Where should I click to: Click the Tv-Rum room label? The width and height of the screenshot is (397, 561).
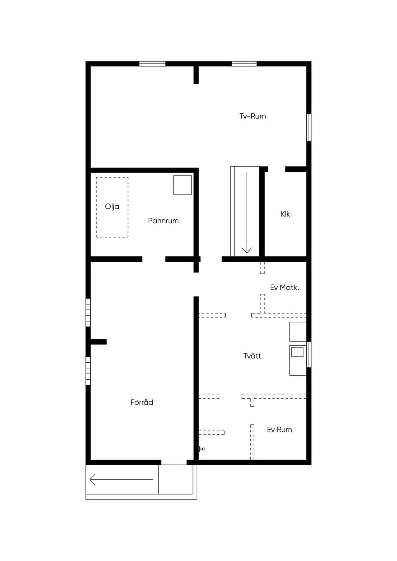coord(252,116)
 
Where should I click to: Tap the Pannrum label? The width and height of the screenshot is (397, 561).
coord(163,221)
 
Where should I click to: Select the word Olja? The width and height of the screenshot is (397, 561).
coord(112,207)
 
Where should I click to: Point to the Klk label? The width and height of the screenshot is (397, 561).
coord(285,214)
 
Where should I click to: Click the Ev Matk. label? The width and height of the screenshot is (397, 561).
coord(285,287)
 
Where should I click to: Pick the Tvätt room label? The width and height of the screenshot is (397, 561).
coord(252,356)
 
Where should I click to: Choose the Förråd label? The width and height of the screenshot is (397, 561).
coord(142,402)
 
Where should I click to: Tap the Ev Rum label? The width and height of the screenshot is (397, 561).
coord(280,430)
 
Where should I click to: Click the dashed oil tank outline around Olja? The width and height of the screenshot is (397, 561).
coord(97,207)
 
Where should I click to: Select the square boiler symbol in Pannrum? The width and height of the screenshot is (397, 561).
coord(183,185)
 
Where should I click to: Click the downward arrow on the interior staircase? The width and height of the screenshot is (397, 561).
coord(247,212)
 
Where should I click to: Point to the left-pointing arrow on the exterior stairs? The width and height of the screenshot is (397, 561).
coord(121,480)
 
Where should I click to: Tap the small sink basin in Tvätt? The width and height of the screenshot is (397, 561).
coord(297,352)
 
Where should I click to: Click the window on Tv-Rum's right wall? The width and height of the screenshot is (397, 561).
coord(309,127)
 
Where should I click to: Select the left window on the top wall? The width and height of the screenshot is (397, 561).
coord(152,64)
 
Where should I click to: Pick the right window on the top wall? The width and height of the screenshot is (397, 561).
coord(244,64)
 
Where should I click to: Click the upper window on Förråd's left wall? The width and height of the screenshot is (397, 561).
coord(88,313)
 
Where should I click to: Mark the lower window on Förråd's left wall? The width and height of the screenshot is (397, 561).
coord(88,371)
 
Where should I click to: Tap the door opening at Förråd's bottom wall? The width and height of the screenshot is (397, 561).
coord(174,462)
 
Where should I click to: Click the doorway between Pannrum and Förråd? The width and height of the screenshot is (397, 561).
coord(154,259)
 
